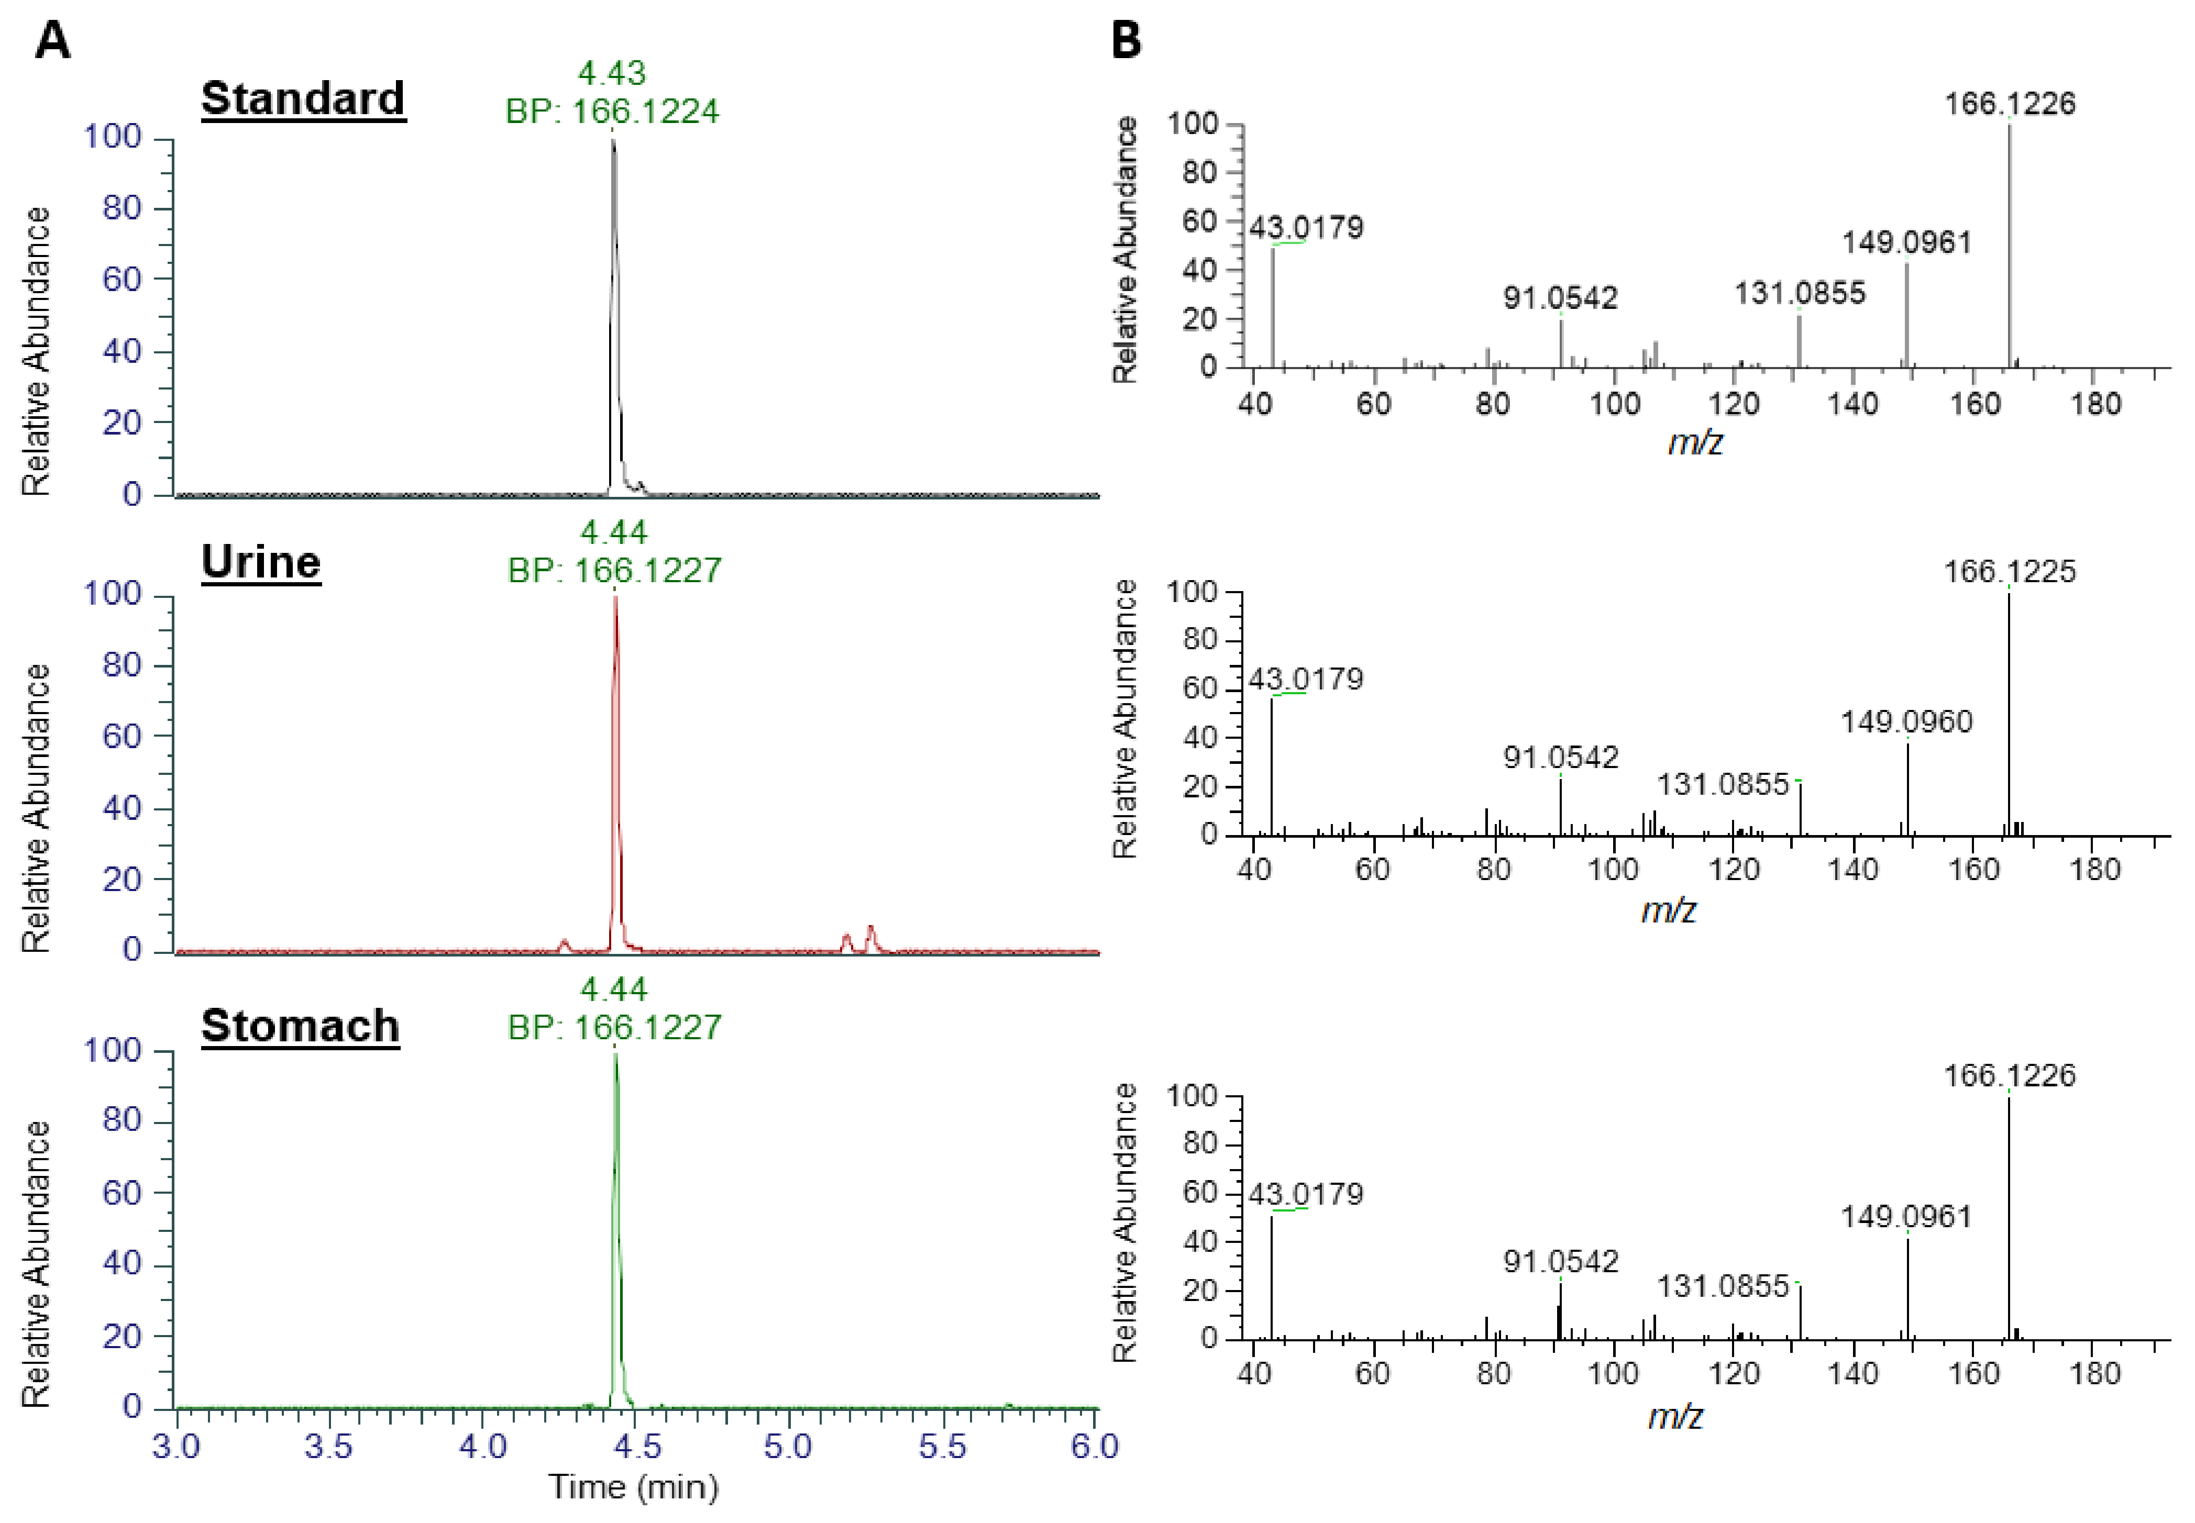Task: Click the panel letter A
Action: pyautogui.click(x=52, y=41)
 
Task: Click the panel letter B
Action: pyautogui.click(x=1126, y=41)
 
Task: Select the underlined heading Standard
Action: pyautogui.click(x=303, y=98)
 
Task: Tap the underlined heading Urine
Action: pyautogui.click(x=260, y=562)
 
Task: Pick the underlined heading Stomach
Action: pyautogui.click(x=300, y=1026)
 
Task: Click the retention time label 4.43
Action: pyautogui.click(x=612, y=73)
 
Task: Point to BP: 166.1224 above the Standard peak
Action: pyautogui.click(x=612, y=112)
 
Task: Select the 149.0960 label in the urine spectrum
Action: pyautogui.click(x=1906, y=721)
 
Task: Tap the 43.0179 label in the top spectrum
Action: pyautogui.click(x=1306, y=227)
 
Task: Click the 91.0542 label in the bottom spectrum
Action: pyautogui.click(x=1560, y=1262)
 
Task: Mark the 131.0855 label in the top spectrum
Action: pyautogui.click(x=1799, y=293)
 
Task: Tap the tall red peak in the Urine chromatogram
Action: pyautogui.click(x=615, y=763)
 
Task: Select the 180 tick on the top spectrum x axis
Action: pyautogui.click(x=2095, y=404)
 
